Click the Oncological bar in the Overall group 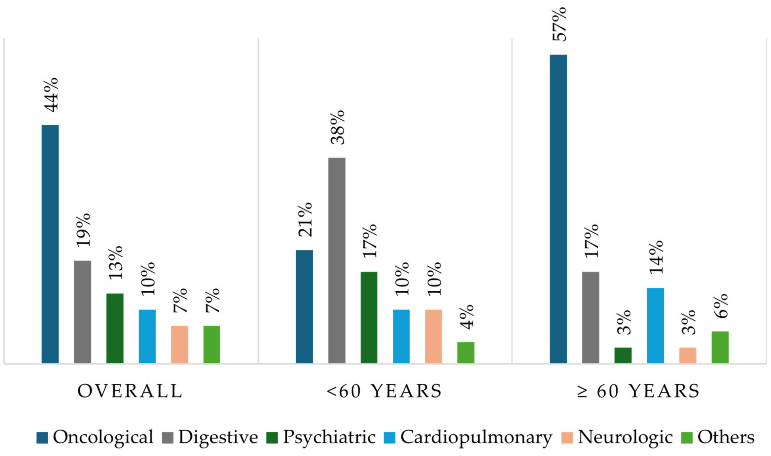pyautogui.click(x=50, y=244)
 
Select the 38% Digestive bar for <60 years pyautogui.click(x=337, y=260)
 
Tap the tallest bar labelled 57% pyautogui.click(x=558, y=209)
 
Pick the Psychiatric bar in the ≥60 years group pyautogui.click(x=623, y=355)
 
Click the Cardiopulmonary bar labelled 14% pyautogui.click(x=655, y=326)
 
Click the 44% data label pyautogui.click(x=51, y=95)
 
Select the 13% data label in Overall pyautogui.click(x=116, y=262)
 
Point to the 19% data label pyautogui.click(x=83, y=230)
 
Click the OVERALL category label pyautogui.click(x=130, y=391)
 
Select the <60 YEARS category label pyautogui.click(x=384, y=391)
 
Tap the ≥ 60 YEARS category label pyautogui.click(x=638, y=391)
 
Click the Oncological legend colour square pyautogui.click(x=42, y=438)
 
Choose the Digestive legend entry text pyautogui.click(x=218, y=437)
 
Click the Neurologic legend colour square pyautogui.click(x=567, y=438)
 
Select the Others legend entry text pyautogui.click(x=726, y=437)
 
